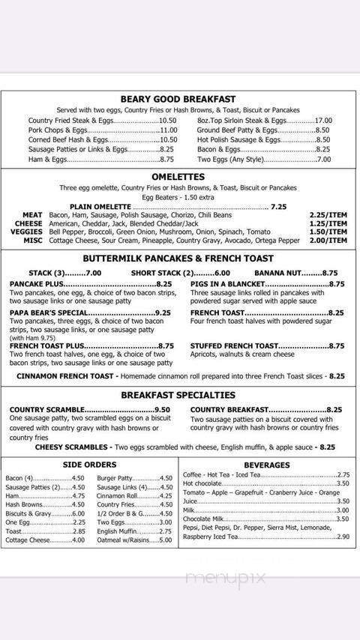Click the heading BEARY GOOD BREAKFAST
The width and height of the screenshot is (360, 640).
pyautogui.click(x=178, y=99)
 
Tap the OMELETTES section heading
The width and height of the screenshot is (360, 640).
pyautogui.click(x=178, y=177)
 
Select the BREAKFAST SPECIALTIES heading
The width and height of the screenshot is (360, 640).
pyautogui.click(x=178, y=395)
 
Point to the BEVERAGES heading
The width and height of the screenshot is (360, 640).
pyautogui.click(x=266, y=465)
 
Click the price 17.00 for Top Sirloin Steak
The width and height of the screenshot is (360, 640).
pyautogui.click(x=323, y=120)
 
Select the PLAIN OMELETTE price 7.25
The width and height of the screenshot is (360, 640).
pyautogui.click(x=279, y=206)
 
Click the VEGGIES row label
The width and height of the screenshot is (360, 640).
pyautogui.click(x=27, y=232)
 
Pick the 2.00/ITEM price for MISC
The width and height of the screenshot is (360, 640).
pyautogui.click(x=328, y=241)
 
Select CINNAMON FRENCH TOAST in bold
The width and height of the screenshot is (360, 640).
pyautogui.click(x=66, y=375)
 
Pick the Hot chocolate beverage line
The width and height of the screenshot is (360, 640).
pyautogui.click(x=202, y=483)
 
